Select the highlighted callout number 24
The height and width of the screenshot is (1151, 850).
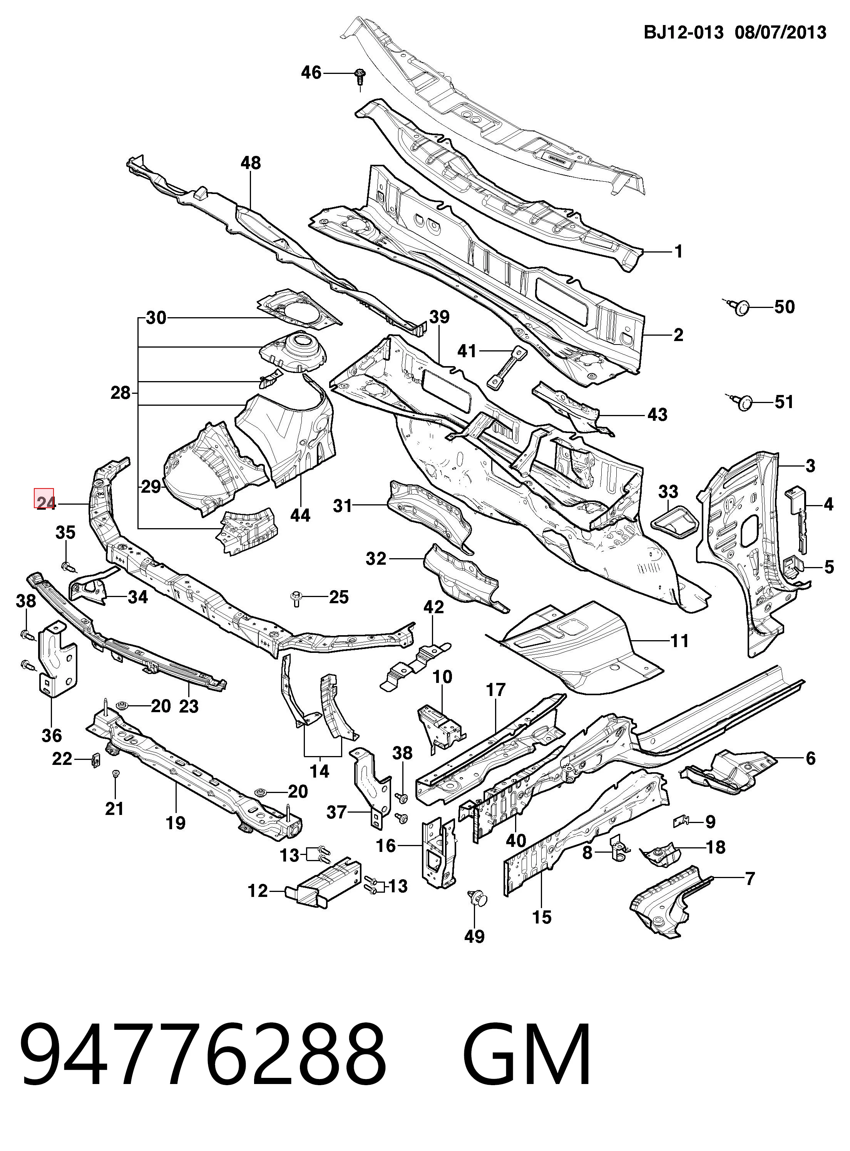[46, 503]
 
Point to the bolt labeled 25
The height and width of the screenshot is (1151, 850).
[296, 598]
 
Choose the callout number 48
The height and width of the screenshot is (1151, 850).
[251, 163]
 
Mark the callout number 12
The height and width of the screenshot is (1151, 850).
[258, 891]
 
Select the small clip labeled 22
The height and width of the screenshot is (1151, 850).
[95, 760]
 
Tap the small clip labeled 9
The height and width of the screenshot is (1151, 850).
[682, 822]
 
